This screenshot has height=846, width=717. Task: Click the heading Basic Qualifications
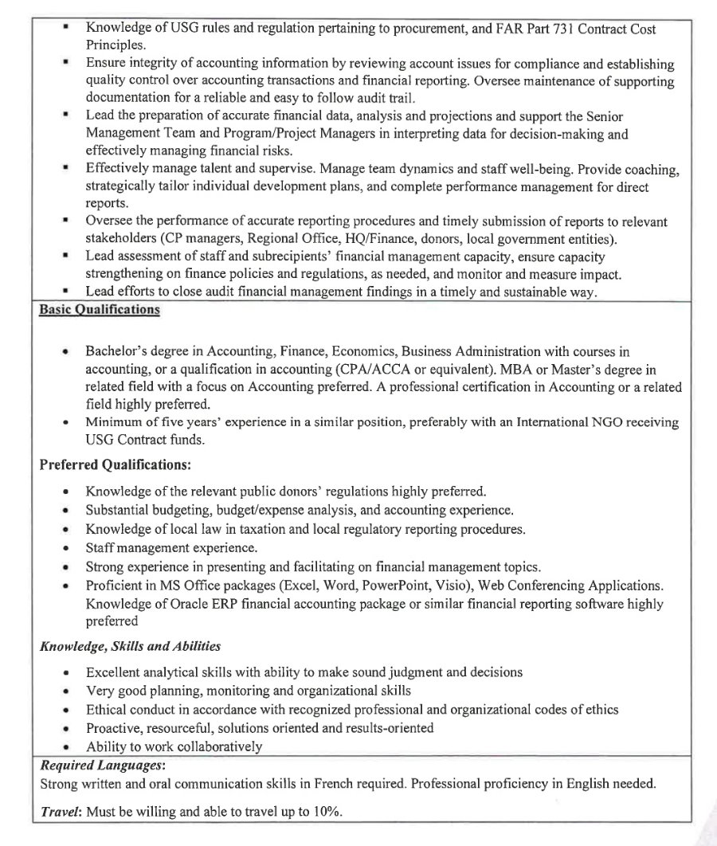[x=100, y=310]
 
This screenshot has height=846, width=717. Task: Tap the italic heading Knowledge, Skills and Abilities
[x=131, y=646]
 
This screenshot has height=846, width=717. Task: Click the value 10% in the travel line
[x=327, y=811]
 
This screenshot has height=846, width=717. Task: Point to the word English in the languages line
[x=587, y=783]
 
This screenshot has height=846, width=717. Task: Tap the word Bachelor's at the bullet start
[x=116, y=351]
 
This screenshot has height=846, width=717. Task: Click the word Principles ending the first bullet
[x=116, y=45]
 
